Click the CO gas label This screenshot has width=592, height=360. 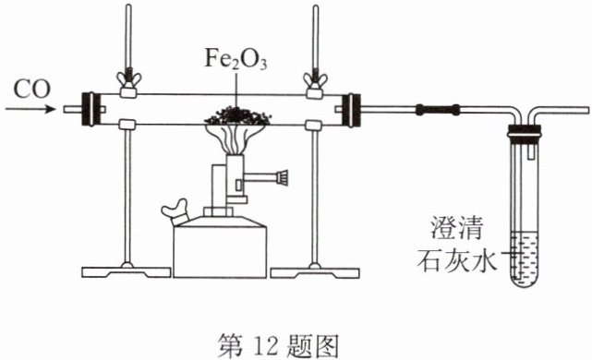pyautogui.click(x=31, y=90)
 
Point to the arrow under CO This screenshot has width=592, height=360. pyautogui.click(x=30, y=110)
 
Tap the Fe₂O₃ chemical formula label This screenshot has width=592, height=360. pyautogui.click(x=236, y=59)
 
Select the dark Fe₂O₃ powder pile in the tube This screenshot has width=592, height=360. pyautogui.click(x=237, y=116)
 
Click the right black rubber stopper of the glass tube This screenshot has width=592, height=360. pyautogui.click(x=351, y=110)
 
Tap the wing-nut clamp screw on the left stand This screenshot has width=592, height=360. pyautogui.click(x=128, y=78)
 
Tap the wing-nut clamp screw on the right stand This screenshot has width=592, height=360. pyautogui.click(x=316, y=79)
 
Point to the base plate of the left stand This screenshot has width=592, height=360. pyautogui.click(x=127, y=271)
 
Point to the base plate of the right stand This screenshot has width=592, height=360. pyautogui.click(x=315, y=271)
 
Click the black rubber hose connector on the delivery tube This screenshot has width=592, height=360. pyautogui.click(x=438, y=110)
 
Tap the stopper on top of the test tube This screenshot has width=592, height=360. pyautogui.click(x=525, y=136)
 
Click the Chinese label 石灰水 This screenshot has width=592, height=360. pyautogui.click(x=457, y=259)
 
